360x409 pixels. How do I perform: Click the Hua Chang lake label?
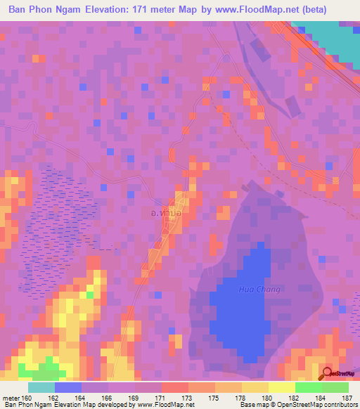point(259,290)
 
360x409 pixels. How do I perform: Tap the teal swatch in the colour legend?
point(41,387)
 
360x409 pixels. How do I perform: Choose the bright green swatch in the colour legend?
point(309,387)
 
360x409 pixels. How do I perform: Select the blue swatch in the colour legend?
point(68,387)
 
